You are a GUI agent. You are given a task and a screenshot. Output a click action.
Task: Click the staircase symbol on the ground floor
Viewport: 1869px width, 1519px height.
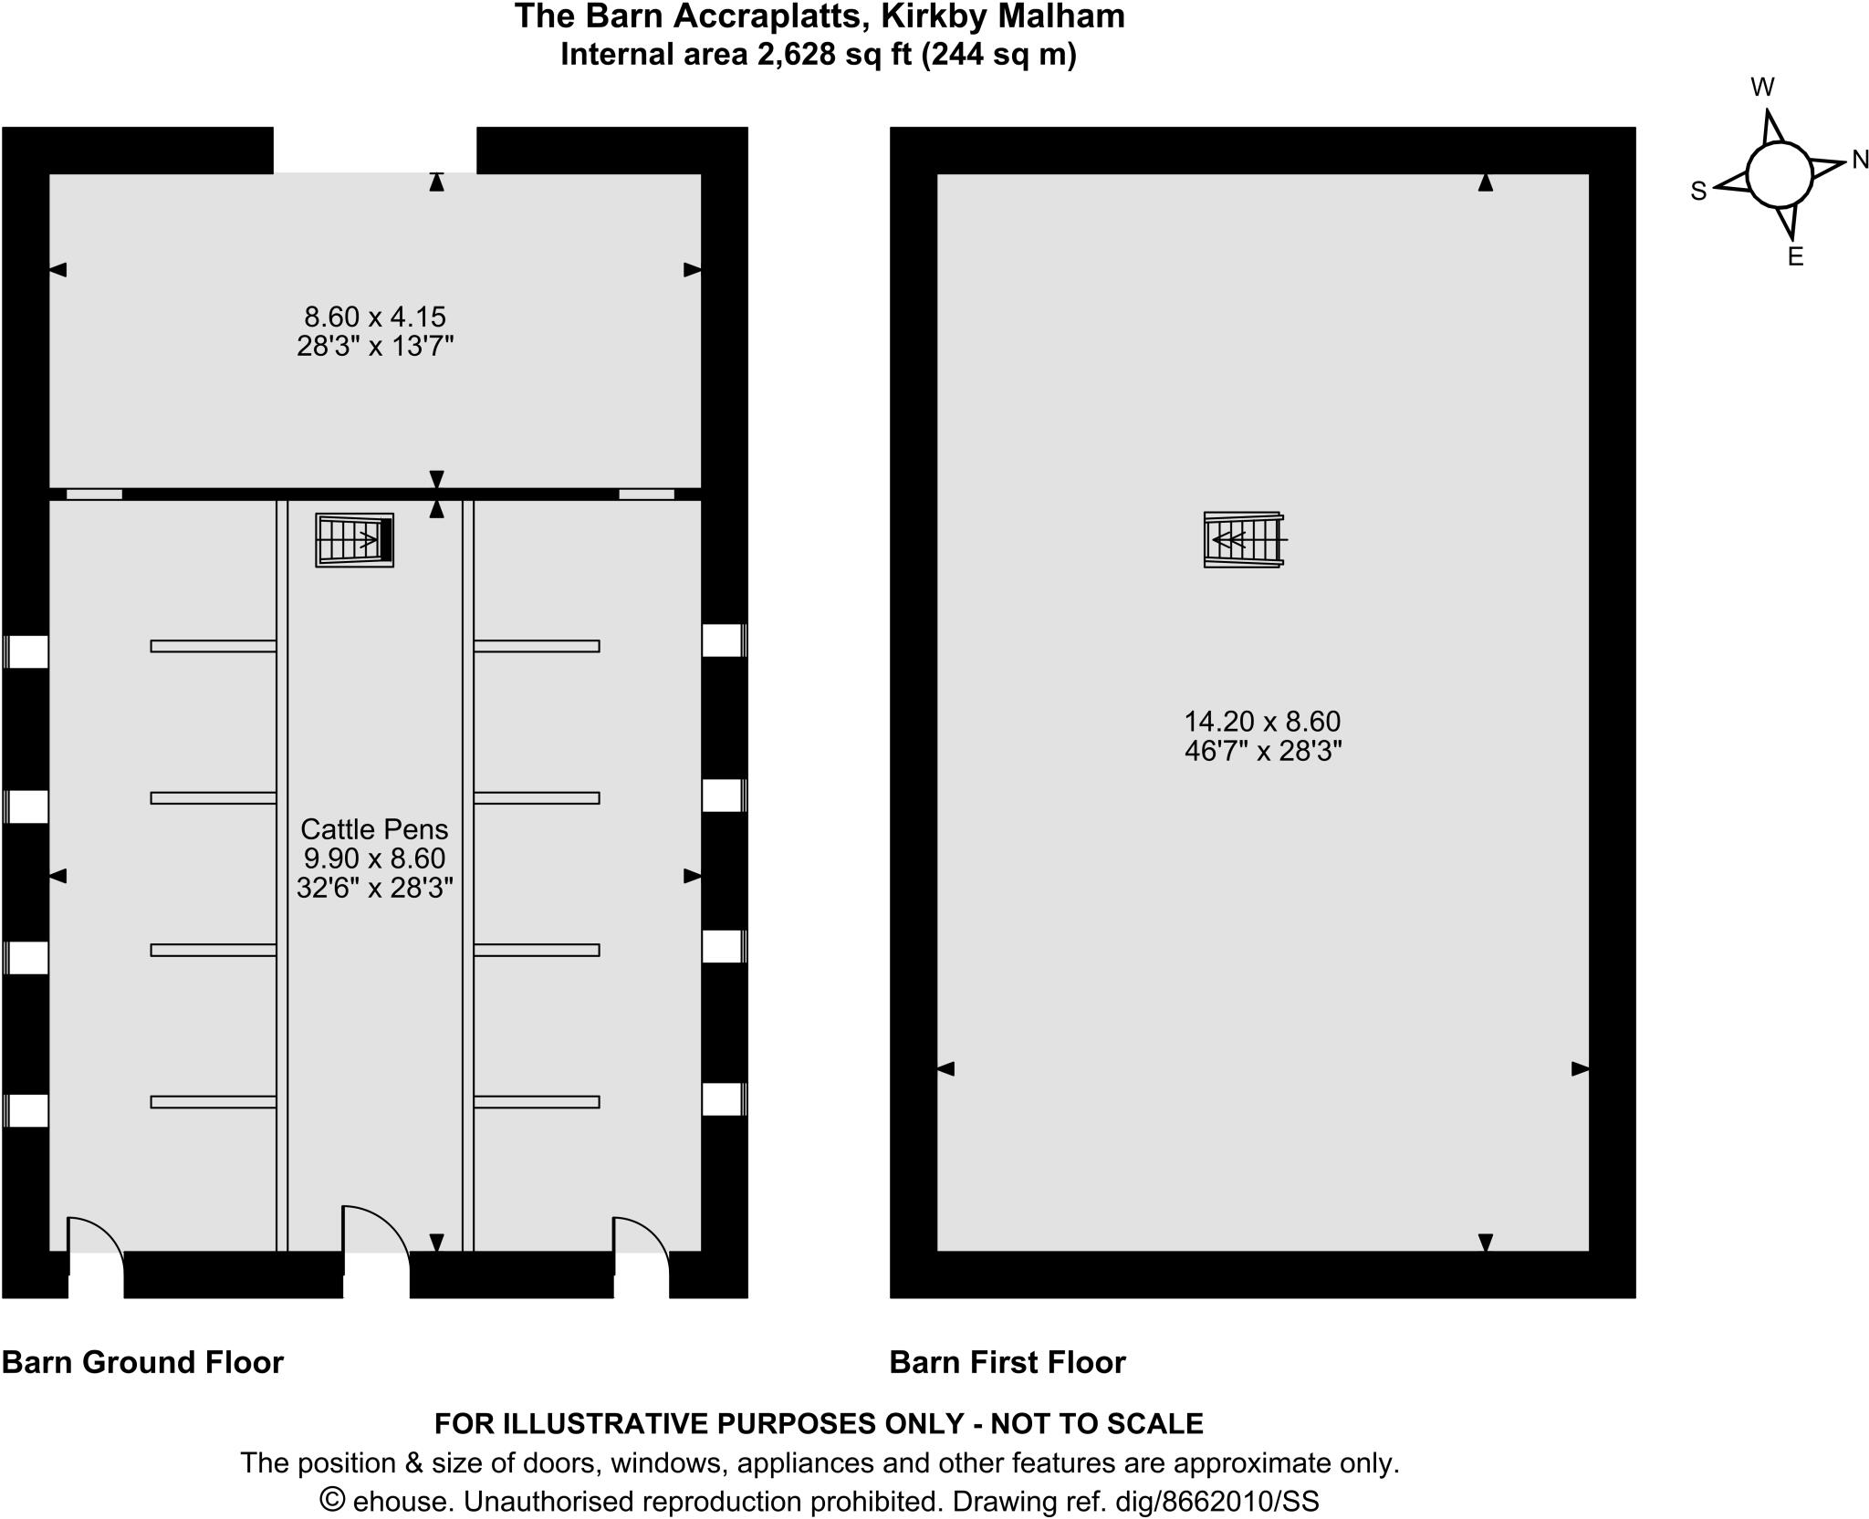[x=354, y=540]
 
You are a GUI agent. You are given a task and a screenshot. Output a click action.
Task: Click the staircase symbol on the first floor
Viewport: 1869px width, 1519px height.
[x=1244, y=540]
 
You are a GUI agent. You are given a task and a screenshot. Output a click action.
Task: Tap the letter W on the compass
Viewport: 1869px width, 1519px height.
[x=1762, y=88]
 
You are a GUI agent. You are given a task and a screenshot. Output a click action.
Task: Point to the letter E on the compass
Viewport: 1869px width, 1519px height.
[x=1795, y=257]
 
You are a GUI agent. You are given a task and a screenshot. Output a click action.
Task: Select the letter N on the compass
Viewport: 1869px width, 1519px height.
[x=1860, y=161]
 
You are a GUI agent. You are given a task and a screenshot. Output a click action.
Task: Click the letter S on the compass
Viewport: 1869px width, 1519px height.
[x=1698, y=192]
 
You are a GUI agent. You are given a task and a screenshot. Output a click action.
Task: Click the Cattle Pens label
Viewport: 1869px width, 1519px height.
[x=374, y=829]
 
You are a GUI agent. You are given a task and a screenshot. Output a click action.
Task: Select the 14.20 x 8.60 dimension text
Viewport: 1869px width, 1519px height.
[x=1262, y=722]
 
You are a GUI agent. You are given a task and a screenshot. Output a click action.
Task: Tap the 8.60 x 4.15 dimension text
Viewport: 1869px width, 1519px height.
[x=374, y=317]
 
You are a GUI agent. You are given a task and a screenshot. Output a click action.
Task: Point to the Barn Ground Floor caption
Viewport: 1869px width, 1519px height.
[x=143, y=1362]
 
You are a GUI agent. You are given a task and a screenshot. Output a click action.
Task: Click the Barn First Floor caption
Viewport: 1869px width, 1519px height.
[x=1008, y=1362]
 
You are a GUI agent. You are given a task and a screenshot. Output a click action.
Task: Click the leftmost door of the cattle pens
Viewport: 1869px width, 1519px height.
[x=96, y=1250]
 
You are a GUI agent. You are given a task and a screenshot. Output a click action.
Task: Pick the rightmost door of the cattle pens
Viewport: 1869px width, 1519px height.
[x=642, y=1250]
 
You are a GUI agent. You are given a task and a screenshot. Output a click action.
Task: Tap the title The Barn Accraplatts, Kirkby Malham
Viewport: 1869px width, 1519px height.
[x=819, y=16]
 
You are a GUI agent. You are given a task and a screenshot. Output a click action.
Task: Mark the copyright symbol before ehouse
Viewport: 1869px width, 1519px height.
[x=333, y=1501]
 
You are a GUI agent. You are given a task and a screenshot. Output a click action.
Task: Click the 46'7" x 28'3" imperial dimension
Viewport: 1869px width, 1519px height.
[x=1262, y=752]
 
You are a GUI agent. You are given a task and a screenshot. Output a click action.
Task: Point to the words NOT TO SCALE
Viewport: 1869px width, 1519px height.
[x=1097, y=1423]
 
